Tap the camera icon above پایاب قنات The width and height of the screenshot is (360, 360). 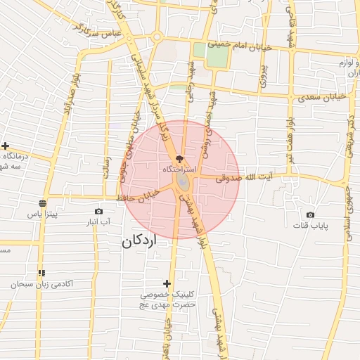click(309, 214)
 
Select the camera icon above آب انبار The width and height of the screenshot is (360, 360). click(98, 211)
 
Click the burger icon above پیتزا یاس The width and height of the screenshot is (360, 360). click(42, 203)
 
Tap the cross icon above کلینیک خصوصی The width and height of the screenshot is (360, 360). click(167, 283)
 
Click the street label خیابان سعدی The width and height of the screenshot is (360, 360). click(327, 95)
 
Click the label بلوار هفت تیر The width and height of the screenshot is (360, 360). click(289, 130)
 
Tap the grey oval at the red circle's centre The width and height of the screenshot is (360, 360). click(183, 182)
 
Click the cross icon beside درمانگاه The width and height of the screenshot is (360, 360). click(5, 146)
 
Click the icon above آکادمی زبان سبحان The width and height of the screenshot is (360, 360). click(42, 273)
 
